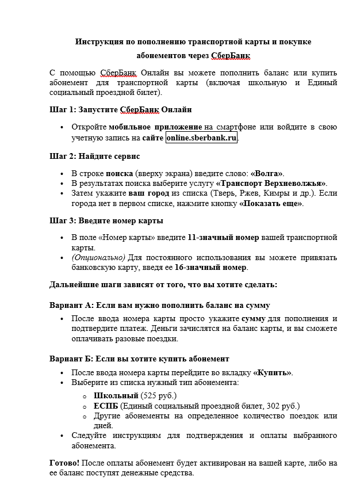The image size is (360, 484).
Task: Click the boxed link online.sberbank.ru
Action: (201, 138)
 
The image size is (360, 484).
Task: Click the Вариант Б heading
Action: (140, 359)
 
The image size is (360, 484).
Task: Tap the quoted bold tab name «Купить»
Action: (272, 372)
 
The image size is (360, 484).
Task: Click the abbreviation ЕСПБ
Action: (106, 406)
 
